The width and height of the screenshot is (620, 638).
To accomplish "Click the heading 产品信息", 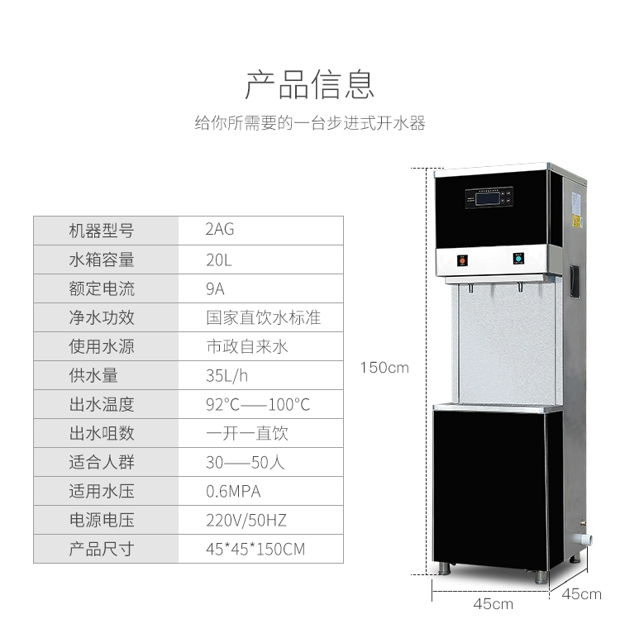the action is point(310,84).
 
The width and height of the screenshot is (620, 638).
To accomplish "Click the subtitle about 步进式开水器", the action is point(310,124).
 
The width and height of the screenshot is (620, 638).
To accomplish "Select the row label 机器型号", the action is point(101,231).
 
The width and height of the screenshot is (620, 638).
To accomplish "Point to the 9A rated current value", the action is point(215,288).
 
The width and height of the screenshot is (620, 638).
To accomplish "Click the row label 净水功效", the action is point(101,317).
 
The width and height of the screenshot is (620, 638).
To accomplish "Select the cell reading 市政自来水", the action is point(246,346).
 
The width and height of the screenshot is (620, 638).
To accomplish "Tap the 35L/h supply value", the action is point(227,375).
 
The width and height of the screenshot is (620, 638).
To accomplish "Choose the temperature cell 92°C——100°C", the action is point(258,405).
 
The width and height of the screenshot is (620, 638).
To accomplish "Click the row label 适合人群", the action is point(101,462).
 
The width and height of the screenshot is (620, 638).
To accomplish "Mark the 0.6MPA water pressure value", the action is point(233,492).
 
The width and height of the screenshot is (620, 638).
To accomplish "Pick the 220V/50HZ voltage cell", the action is point(246,521).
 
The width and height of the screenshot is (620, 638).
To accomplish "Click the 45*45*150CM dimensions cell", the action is point(255,550).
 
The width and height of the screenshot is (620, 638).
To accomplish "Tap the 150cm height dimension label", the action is point(384,368).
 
